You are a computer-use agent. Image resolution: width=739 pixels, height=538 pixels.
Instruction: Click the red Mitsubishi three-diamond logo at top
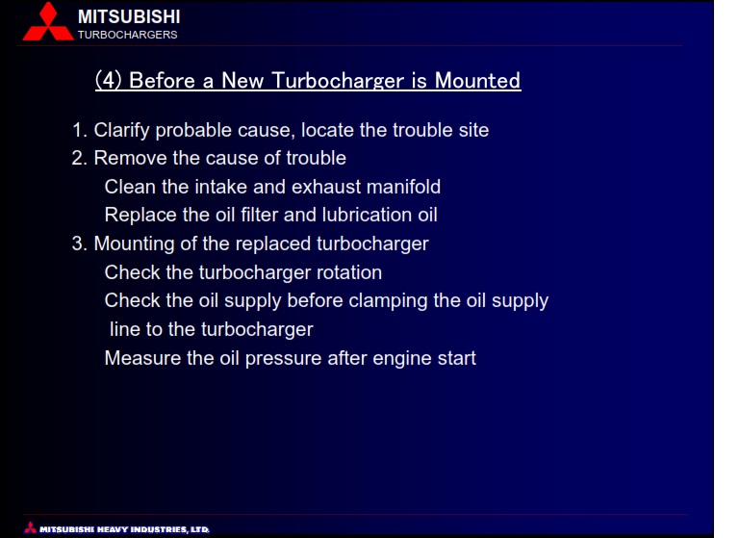click(x=48, y=22)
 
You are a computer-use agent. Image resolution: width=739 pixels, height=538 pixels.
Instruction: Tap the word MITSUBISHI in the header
click(x=129, y=17)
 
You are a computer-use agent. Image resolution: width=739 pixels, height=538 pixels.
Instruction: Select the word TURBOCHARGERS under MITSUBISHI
click(x=128, y=35)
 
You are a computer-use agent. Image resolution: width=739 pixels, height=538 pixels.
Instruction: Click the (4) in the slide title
click(x=109, y=80)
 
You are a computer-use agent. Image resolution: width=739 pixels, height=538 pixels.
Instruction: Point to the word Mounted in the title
click(x=477, y=80)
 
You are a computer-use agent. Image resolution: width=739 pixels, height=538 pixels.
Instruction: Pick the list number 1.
click(x=79, y=130)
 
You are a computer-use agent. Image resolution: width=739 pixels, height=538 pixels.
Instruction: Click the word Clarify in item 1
click(x=121, y=131)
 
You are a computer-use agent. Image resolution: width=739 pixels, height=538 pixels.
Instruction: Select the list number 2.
click(x=79, y=159)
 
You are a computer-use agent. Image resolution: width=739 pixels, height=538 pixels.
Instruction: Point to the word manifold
click(x=403, y=187)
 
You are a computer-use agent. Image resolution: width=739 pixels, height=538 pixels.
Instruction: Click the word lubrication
click(x=367, y=215)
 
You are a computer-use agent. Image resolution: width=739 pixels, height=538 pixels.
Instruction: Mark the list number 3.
click(x=79, y=244)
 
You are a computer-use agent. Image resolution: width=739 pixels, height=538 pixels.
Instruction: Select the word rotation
click(x=348, y=273)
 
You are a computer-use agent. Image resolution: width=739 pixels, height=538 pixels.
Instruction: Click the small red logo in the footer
click(x=31, y=527)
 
